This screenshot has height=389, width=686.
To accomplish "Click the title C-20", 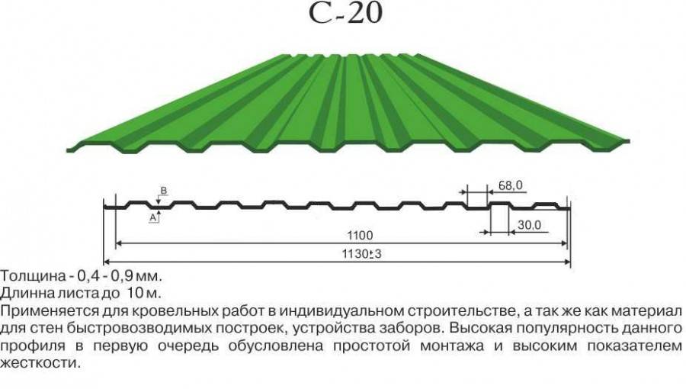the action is [345, 13].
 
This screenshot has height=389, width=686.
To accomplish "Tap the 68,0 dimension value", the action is [510, 185].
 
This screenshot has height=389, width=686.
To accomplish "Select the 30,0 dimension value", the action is [530, 225].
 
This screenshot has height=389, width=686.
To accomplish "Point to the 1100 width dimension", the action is [360, 236].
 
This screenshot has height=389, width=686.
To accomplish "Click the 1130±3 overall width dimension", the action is [361, 254].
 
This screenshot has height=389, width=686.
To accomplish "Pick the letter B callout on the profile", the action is [164, 191].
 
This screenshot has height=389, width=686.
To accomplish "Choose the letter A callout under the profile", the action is [153, 217].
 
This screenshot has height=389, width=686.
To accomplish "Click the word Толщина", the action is [32, 277].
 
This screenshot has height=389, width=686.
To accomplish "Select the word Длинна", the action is [26, 293].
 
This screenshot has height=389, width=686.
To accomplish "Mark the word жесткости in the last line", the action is [40, 363].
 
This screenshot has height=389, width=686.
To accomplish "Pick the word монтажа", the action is [452, 346].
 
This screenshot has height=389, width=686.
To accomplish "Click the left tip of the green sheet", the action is [67, 150].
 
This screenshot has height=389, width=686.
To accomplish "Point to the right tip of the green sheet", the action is [629, 141].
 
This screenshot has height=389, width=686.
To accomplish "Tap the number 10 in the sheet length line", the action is [134, 293].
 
